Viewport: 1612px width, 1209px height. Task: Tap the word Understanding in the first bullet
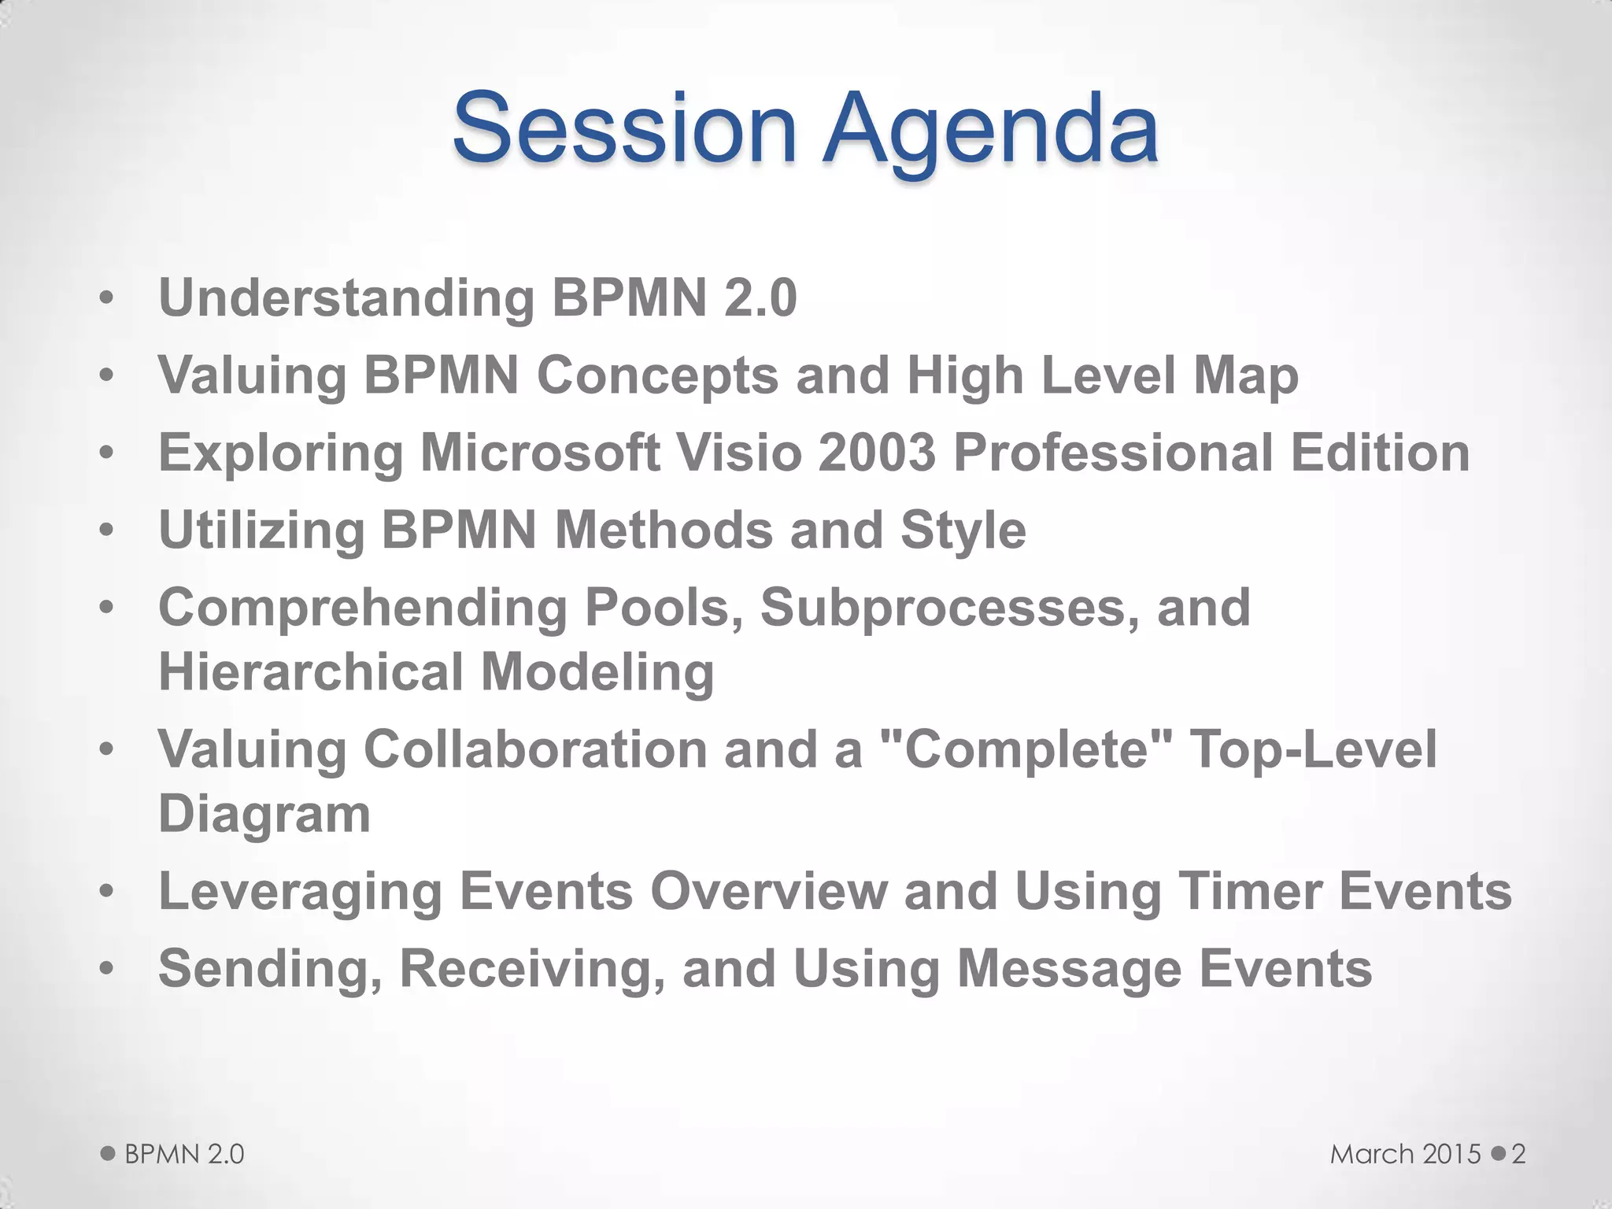tap(346, 298)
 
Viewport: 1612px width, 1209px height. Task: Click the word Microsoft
tap(540, 453)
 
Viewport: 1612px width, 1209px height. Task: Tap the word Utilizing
tap(262, 530)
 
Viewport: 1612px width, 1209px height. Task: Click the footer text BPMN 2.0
tap(184, 1154)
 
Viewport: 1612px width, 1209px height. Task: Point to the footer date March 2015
tap(1406, 1154)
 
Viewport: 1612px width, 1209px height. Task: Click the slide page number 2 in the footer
tap(1518, 1154)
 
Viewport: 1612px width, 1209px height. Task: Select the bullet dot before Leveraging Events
tap(107, 893)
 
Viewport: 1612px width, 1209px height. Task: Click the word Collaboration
tap(535, 749)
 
